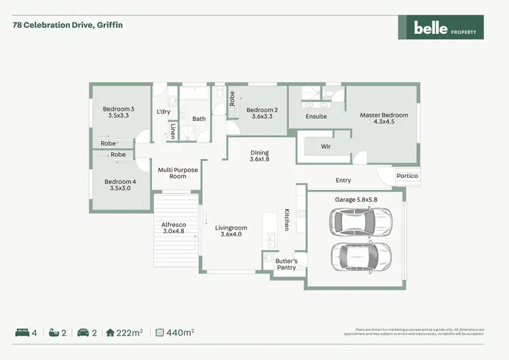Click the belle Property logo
pyautogui.click(x=440, y=28)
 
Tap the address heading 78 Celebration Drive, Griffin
pyautogui.click(x=68, y=25)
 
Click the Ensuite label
pyautogui.click(x=316, y=117)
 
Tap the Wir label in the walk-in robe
pyautogui.click(x=326, y=146)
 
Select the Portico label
pyautogui.click(x=408, y=176)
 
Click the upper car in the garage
pyautogui.click(x=360, y=221)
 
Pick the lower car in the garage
pyautogui.click(x=360, y=257)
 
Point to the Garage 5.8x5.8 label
pyautogui.click(x=355, y=200)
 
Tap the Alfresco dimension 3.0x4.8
pyautogui.click(x=174, y=232)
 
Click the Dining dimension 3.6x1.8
pyautogui.click(x=259, y=160)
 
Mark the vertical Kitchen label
pyautogui.click(x=287, y=219)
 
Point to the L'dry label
pyautogui.click(x=163, y=111)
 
